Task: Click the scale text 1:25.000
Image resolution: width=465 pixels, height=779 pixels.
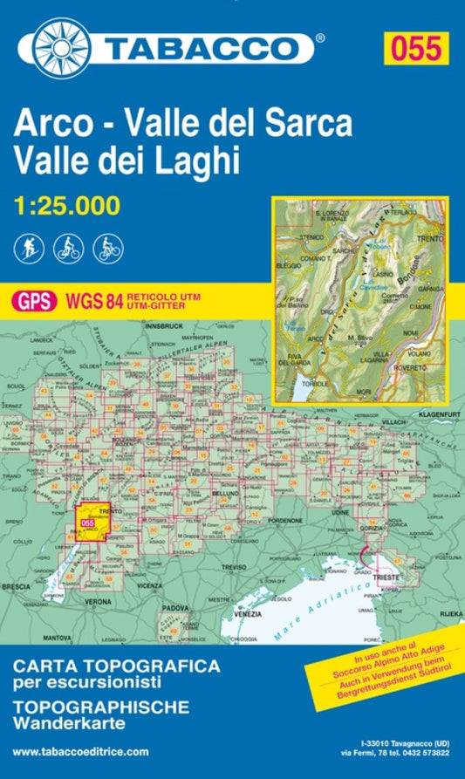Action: coord(67,207)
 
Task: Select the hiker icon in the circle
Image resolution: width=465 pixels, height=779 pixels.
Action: coord(25,249)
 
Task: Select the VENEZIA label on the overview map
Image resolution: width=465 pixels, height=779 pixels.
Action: coord(251,615)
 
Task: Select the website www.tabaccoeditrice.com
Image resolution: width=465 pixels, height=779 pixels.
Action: coord(80,752)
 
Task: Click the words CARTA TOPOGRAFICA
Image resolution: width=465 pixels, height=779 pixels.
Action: coord(115,666)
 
